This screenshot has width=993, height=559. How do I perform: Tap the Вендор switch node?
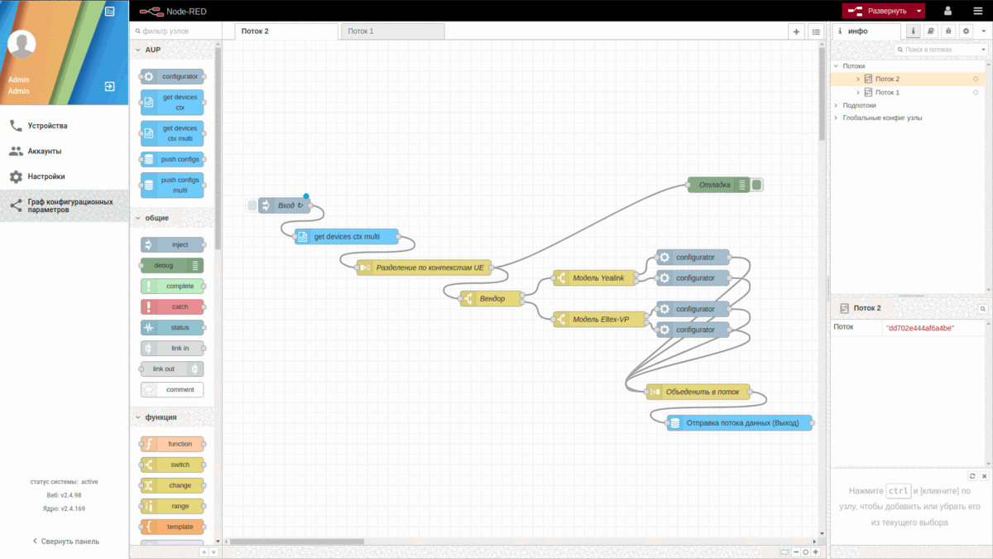[x=492, y=298]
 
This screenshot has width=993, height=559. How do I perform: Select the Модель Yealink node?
[x=598, y=278]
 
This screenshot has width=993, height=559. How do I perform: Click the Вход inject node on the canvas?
[x=285, y=205]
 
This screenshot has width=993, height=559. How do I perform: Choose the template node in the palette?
[x=172, y=527]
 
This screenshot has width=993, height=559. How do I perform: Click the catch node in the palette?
[x=172, y=306]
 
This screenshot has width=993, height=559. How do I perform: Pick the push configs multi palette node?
[x=172, y=185]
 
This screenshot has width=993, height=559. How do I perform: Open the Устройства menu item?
[x=47, y=126]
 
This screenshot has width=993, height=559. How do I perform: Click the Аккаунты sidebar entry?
[x=45, y=152]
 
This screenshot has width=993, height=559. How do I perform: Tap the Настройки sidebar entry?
[x=46, y=176]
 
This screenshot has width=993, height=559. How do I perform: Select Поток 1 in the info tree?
[x=887, y=93]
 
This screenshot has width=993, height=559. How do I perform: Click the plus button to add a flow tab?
[x=796, y=31]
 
